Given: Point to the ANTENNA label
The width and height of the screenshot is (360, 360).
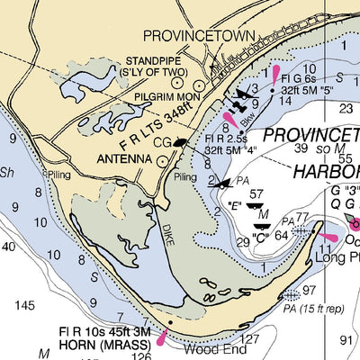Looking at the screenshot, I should pyautogui.click(x=124, y=160).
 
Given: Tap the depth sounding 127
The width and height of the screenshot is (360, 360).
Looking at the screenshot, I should pyautogui.click(x=249, y=339).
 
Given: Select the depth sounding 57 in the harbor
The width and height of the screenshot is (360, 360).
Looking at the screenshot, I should pyautogui.click(x=256, y=193).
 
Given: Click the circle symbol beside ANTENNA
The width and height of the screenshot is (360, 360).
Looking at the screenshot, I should pyautogui.click(x=162, y=161).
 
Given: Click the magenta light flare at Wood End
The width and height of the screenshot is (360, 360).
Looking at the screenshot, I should pyautogui.click(x=163, y=337).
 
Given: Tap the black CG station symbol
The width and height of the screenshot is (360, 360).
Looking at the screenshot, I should pyautogui.click(x=182, y=141).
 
